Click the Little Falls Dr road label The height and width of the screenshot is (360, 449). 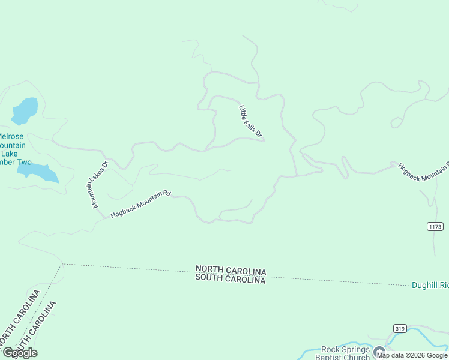[251, 122]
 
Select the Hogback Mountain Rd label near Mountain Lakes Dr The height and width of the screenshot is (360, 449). [141, 204]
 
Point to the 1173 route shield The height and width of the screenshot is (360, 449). [435, 226]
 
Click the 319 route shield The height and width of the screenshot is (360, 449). [400, 328]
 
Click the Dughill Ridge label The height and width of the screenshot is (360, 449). [430, 286]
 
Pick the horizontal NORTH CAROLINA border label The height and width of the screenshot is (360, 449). [231, 271]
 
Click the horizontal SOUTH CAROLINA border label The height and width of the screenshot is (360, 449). [231, 280]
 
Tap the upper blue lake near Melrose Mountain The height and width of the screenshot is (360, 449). [25, 110]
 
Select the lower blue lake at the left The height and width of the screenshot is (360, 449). [37, 172]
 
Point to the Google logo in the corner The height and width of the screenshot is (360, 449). [20, 353]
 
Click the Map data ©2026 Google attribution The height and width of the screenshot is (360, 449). [412, 355]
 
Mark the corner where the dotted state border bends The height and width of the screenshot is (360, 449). [62, 264]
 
